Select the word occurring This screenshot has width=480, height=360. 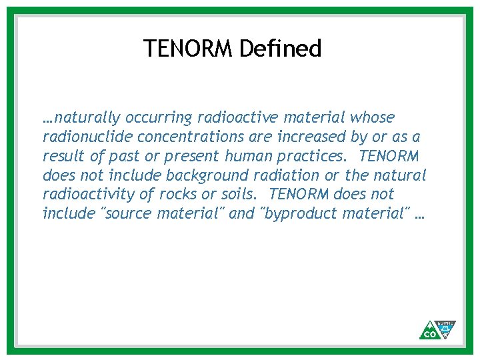pos(158,118)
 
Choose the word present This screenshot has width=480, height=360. pos(189,157)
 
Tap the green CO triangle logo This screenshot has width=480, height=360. pos(427,331)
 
